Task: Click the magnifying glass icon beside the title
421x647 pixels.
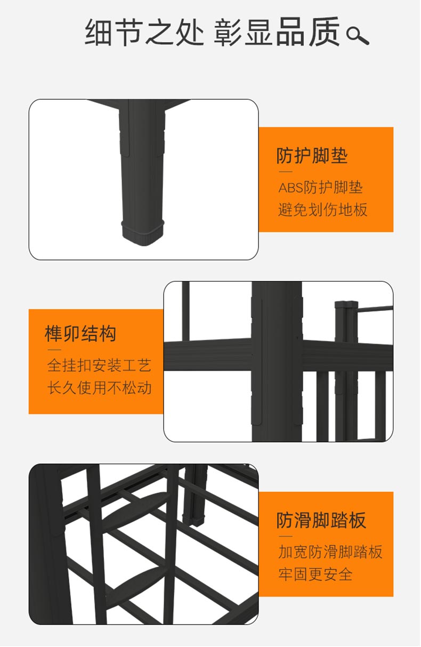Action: pos(357,36)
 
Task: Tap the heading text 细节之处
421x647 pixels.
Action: pos(144,32)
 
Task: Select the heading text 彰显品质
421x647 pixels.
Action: pos(277,32)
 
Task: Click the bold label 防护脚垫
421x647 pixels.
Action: pos(312,156)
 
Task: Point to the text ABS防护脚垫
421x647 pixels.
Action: pos(320,187)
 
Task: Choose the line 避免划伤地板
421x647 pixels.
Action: pos(322,210)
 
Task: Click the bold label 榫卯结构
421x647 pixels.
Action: pos(80,333)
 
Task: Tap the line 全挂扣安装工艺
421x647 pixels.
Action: pos(99,365)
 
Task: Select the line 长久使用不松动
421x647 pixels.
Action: pos(99,388)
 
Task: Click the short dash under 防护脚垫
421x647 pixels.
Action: pos(286,172)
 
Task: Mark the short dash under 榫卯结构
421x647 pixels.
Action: pos(54,350)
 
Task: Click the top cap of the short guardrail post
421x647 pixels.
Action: pos(346,304)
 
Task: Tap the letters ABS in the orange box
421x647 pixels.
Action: pos(291,188)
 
